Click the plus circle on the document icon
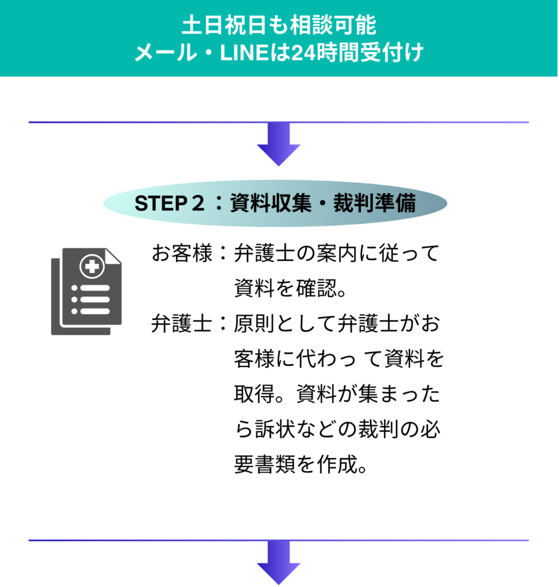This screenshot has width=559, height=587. click(x=90, y=266)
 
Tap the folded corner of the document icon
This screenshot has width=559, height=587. click(x=114, y=256)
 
